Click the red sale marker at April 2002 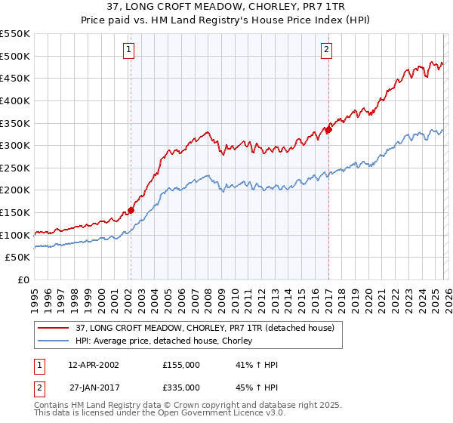tap(131, 211)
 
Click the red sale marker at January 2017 tap(328, 130)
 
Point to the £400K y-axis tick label tap(15, 100)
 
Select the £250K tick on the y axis tap(15, 168)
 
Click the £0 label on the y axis tap(23, 280)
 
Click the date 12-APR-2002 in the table tap(93, 365)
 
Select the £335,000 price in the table tap(181, 387)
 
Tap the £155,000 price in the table tap(181, 365)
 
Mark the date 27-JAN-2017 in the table tap(93, 387)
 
